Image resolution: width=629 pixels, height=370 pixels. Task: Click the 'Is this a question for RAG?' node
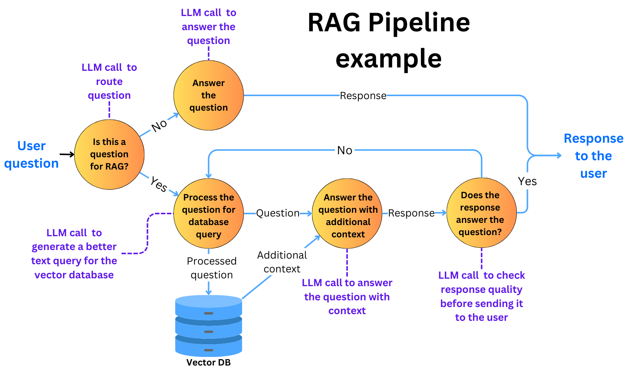[109, 154]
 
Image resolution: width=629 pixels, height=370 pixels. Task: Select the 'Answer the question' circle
[208, 95]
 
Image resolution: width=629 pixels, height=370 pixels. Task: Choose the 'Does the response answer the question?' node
[481, 213]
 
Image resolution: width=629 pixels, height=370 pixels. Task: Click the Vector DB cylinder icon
[208, 326]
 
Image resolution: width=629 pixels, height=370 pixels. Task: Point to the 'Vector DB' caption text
[208, 363]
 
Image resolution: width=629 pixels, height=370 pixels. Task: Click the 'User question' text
[31, 154]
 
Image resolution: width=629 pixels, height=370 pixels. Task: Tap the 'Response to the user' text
[593, 156]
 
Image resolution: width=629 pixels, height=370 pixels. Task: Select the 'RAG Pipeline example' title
[389, 40]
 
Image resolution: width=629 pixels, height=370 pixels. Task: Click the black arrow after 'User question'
[67, 154]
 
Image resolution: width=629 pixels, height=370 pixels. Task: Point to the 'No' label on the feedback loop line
[345, 151]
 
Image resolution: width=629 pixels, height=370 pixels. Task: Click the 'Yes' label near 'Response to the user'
[527, 181]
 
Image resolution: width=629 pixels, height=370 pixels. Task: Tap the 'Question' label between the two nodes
[278, 213]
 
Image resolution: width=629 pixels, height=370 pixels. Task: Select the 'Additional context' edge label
[282, 262]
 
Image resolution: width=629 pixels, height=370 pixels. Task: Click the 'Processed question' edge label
[211, 268]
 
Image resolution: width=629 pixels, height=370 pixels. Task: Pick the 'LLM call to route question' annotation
[109, 81]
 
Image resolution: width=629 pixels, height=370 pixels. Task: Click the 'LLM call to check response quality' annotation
[481, 296]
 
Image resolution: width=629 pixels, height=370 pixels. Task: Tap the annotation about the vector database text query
[74, 254]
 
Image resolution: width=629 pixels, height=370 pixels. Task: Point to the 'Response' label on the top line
[363, 96]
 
